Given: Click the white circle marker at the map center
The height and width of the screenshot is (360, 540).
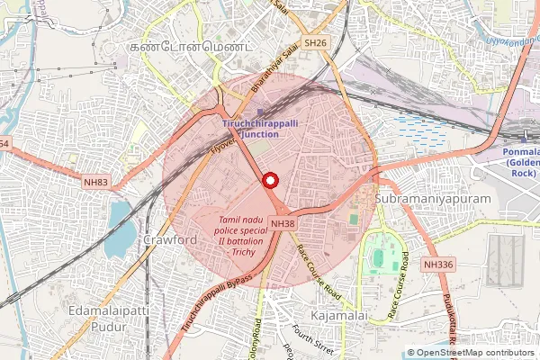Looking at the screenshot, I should point(269,180).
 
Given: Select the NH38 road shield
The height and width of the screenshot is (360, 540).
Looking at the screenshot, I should point(282,223).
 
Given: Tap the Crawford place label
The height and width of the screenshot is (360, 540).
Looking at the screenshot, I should point(169,241).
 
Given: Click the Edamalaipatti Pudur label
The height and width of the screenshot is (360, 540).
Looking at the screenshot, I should point(103,318).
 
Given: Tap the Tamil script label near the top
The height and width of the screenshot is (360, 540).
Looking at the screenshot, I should point(190,44).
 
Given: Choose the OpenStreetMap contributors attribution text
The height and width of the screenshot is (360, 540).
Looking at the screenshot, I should point(471,353).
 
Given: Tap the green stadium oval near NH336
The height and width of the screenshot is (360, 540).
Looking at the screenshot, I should point(378,258).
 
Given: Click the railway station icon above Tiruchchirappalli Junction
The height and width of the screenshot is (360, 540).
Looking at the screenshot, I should point(261,112).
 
